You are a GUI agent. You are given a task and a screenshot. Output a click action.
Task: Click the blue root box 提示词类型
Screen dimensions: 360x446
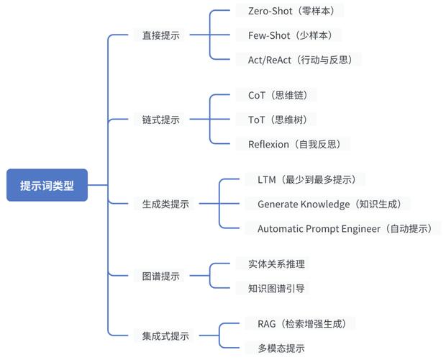point(47,185)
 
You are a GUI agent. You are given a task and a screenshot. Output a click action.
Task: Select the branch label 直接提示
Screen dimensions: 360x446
point(156,35)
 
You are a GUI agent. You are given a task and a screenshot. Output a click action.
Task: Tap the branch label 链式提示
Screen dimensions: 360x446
point(156,120)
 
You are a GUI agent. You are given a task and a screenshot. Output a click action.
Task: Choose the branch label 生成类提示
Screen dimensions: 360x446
point(161,204)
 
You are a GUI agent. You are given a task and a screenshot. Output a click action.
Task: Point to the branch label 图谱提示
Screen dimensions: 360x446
point(156,276)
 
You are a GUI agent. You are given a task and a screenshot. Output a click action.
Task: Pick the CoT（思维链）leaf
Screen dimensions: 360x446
point(277,95)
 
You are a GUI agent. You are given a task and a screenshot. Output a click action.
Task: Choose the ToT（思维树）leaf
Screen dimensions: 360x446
point(277,120)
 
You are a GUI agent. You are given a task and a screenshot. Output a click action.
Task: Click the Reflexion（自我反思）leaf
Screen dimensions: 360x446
point(294,144)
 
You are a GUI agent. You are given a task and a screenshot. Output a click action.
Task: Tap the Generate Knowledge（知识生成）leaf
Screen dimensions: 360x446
point(334,204)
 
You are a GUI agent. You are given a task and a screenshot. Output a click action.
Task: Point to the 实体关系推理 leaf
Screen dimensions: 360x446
point(276,264)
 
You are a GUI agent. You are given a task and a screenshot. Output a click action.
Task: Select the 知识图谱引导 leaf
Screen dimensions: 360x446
point(276,288)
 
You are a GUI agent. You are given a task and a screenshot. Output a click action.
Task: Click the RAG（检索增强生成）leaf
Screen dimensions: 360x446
point(306,323)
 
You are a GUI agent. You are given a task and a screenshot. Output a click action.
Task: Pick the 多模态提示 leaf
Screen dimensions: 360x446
point(281,348)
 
